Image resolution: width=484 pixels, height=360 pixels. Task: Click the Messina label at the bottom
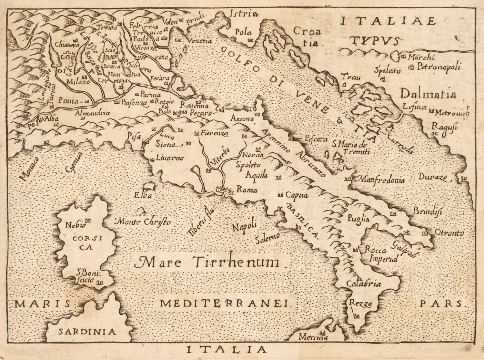point(313,337)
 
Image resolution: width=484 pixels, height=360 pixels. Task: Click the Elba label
point(144,196)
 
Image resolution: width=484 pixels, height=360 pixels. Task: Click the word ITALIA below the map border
point(227,349)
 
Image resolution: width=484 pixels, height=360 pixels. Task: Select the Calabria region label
point(362,284)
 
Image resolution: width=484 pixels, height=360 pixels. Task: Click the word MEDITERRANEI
point(226,303)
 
